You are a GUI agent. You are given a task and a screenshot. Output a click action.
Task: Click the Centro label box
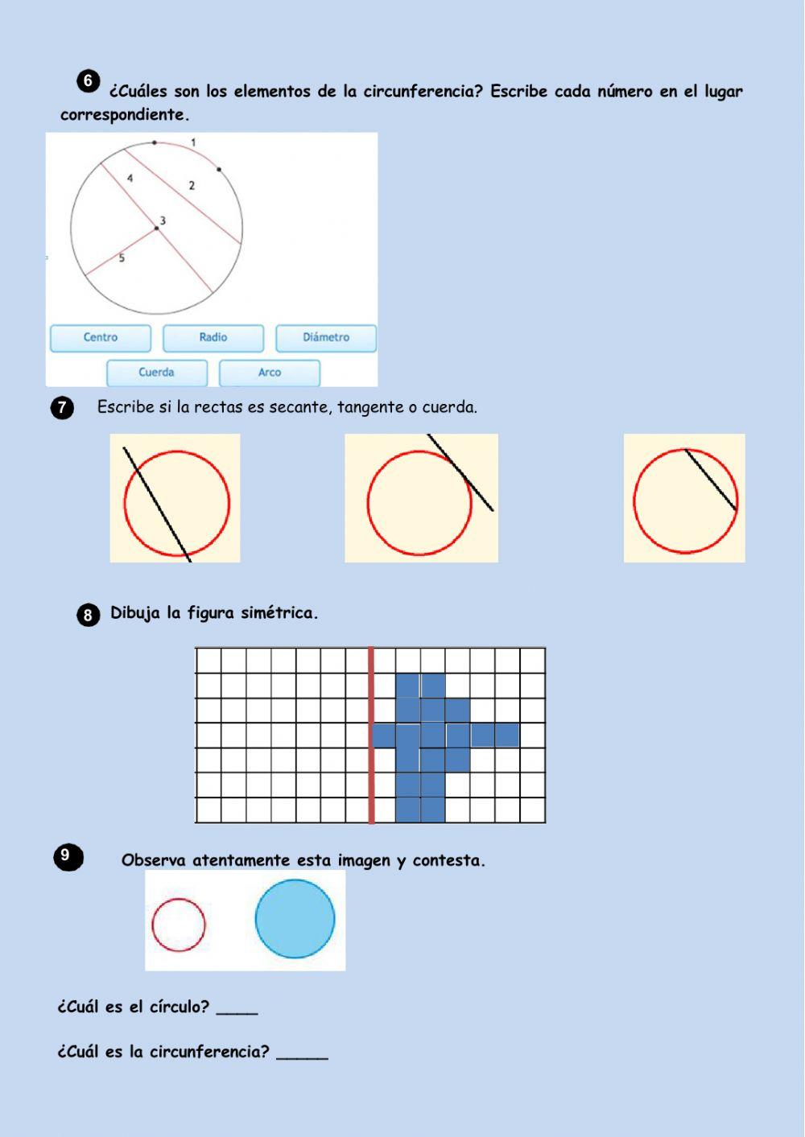pyautogui.click(x=101, y=338)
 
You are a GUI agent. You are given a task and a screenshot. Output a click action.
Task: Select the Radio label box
pyautogui.click(x=213, y=338)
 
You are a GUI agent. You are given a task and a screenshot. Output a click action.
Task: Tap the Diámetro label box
pyautogui.click(x=326, y=338)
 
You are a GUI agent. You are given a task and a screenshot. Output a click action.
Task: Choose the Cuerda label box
pyautogui.click(x=157, y=373)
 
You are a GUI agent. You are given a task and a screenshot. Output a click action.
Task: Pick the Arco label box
pyautogui.click(x=270, y=373)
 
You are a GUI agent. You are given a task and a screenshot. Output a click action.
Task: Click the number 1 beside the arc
pyautogui.click(x=193, y=142)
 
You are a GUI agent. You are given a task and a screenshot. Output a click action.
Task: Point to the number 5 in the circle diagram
pyautogui.click(x=122, y=257)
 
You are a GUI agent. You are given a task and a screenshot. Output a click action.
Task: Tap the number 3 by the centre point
pyautogui.click(x=163, y=220)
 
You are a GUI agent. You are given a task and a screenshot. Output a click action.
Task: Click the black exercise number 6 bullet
pyautogui.click(x=88, y=81)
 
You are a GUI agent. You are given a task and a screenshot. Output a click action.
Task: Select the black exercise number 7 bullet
pyautogui.click(x=62, y=408)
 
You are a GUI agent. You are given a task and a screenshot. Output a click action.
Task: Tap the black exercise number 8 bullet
pyautogui.click(x=88, y=616)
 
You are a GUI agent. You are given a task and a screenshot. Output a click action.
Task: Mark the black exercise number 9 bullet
pyautogui.click(x=68, y=857)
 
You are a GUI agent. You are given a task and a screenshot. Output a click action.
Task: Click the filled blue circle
pyautogui.click(x=295, y=919)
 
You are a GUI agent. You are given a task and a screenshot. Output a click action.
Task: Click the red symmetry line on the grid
pyautogui.click(x=371, y=735)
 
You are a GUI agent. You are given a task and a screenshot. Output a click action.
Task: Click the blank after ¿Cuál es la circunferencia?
pyautogui.click(x=302, y=1059)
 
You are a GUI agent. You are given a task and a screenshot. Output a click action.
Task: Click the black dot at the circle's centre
pyautogui.click(x=156, y=229)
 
